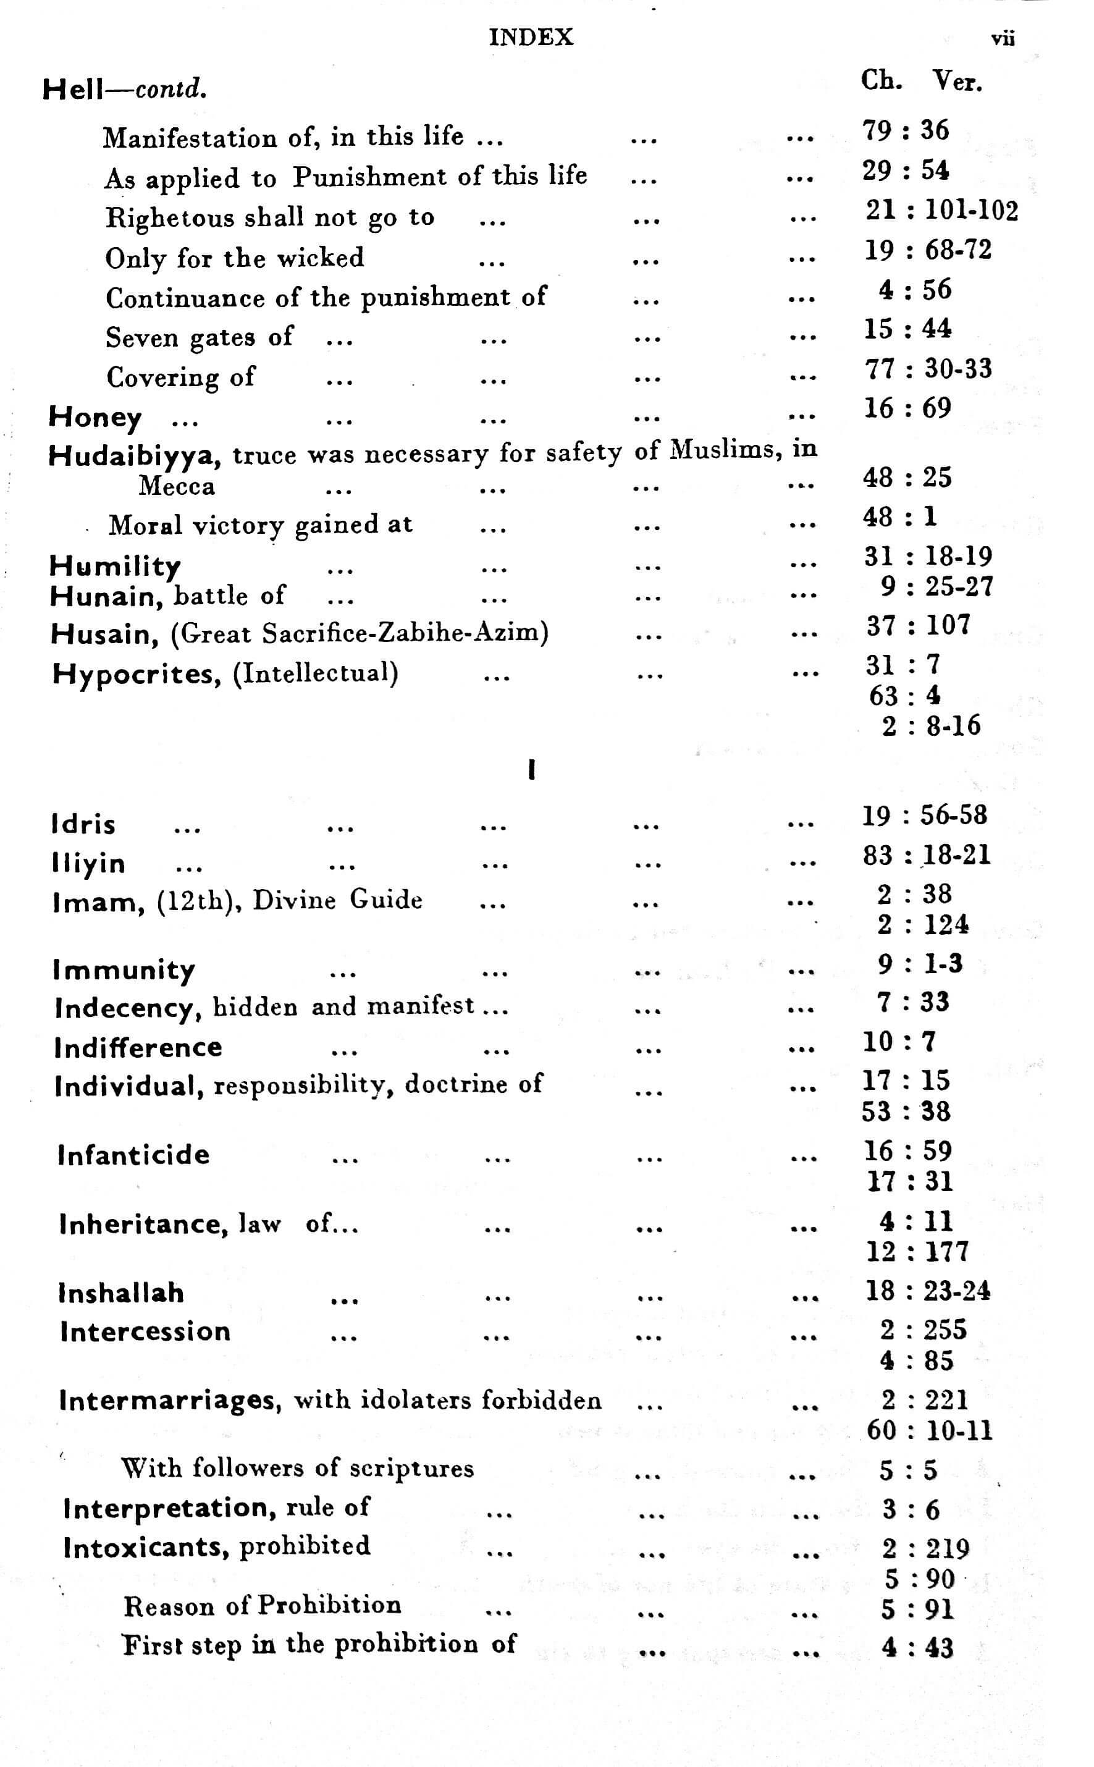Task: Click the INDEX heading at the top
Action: (x=531, y=37)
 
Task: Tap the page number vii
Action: (x=1003, y=38)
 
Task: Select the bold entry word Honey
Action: (x=95, y=418)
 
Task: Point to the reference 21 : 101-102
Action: (x=941, y=211)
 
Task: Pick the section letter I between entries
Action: (x=532, y=770)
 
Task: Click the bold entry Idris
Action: (x=83, y=824)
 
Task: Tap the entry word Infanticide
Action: (x=134, y=1154)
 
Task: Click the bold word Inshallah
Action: (x=122, y=1293)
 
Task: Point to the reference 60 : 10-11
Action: (x=929, y=1430)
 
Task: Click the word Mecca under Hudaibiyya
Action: (x=177, y=486)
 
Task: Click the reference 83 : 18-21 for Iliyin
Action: (x=926, y=855)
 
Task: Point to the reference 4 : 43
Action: (x=917, y=1648)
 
